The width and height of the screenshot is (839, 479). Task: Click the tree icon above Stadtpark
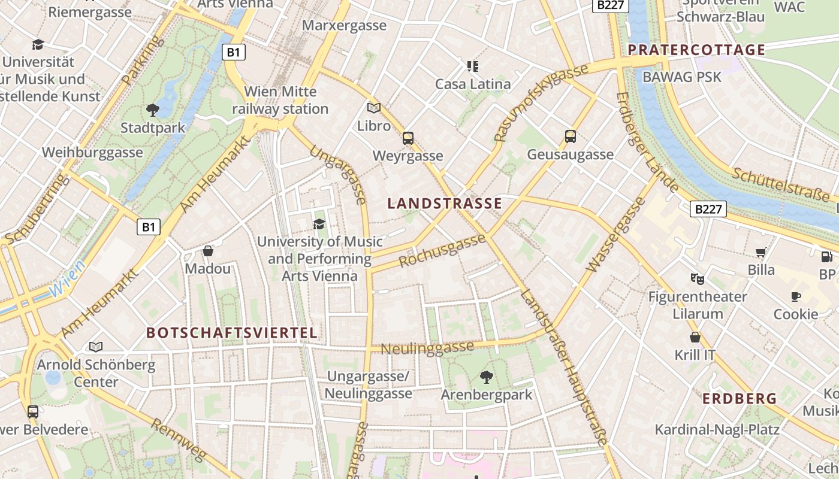click(152, 110)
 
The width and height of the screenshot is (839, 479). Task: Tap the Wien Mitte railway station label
click(280, 101)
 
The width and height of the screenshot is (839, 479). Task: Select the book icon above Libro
click(374, 108)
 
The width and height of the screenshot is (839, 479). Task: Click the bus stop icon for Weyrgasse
click(408, 138)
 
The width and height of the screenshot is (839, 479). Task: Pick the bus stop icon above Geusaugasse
click(571, 137)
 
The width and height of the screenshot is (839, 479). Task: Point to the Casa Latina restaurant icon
click(473, 66)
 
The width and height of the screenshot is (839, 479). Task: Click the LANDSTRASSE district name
click(445, 204)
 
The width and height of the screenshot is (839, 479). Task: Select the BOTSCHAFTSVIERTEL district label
click(232, 333)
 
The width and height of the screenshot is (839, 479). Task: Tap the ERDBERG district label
click(740, 399)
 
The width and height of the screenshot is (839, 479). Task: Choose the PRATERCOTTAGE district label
click(696, 50)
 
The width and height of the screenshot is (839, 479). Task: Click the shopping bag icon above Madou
click(208, 251)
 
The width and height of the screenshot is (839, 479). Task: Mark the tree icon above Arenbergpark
click(487, 377)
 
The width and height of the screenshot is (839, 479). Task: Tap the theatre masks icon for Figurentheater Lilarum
click(697, 278)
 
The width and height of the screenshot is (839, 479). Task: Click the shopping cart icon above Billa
click(761, 253)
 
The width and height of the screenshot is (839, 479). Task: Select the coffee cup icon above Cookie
click(796, 296)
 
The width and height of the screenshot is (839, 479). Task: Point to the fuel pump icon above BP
click(826, 257)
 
